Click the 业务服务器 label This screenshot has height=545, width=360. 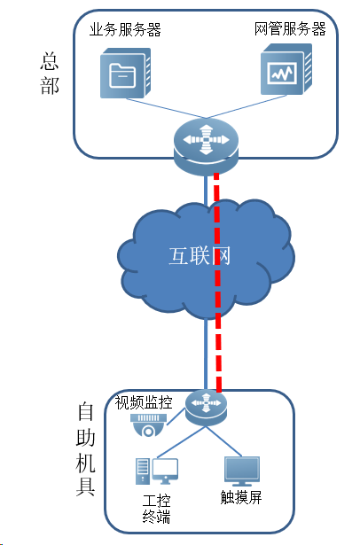pyautogui.click(x=125, y=30)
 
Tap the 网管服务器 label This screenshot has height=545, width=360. pyautogui.click(x=290, y=29)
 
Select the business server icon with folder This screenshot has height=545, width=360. pyautogui.click(x=126, y=73)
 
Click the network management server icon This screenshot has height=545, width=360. pyautogui.click(x=286, y=69)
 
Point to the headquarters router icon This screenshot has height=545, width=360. pyautogui.click(x=207, y=146)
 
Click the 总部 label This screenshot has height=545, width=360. pyautogui.click(x=50, y=74)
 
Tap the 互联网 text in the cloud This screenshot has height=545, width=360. pyautogui.click(x=200, y=256)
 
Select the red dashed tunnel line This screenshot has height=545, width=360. pyautogui.click(x=218, y=283)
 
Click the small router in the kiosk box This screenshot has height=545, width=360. pyautogui.click(x=206, y=408)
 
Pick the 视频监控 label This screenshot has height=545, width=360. pyautogui.click(x=144, y=402)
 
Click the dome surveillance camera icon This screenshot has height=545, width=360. pyautogui.click(x=148, y=424)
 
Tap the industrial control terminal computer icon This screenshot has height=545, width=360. pyautogui.click(x=157, y=471)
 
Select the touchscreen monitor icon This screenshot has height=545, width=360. pyautogui.click(x=242, y=471)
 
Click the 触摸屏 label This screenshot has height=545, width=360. pyautogui.click(x=241, y=497)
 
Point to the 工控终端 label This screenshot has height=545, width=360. pyautogui.click(x=157, y=509)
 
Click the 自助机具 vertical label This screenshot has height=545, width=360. pyautogui.click(x=85, y=449)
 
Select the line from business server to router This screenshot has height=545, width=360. pyautogui.click(x=166, y=108)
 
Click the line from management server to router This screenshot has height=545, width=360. pyautogui.click(x=247, y=106)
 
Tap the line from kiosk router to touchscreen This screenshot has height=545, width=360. pyautogui.click(x=224, y=441)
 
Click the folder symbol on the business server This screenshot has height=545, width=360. pyautogui.click(x=122, y=75)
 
